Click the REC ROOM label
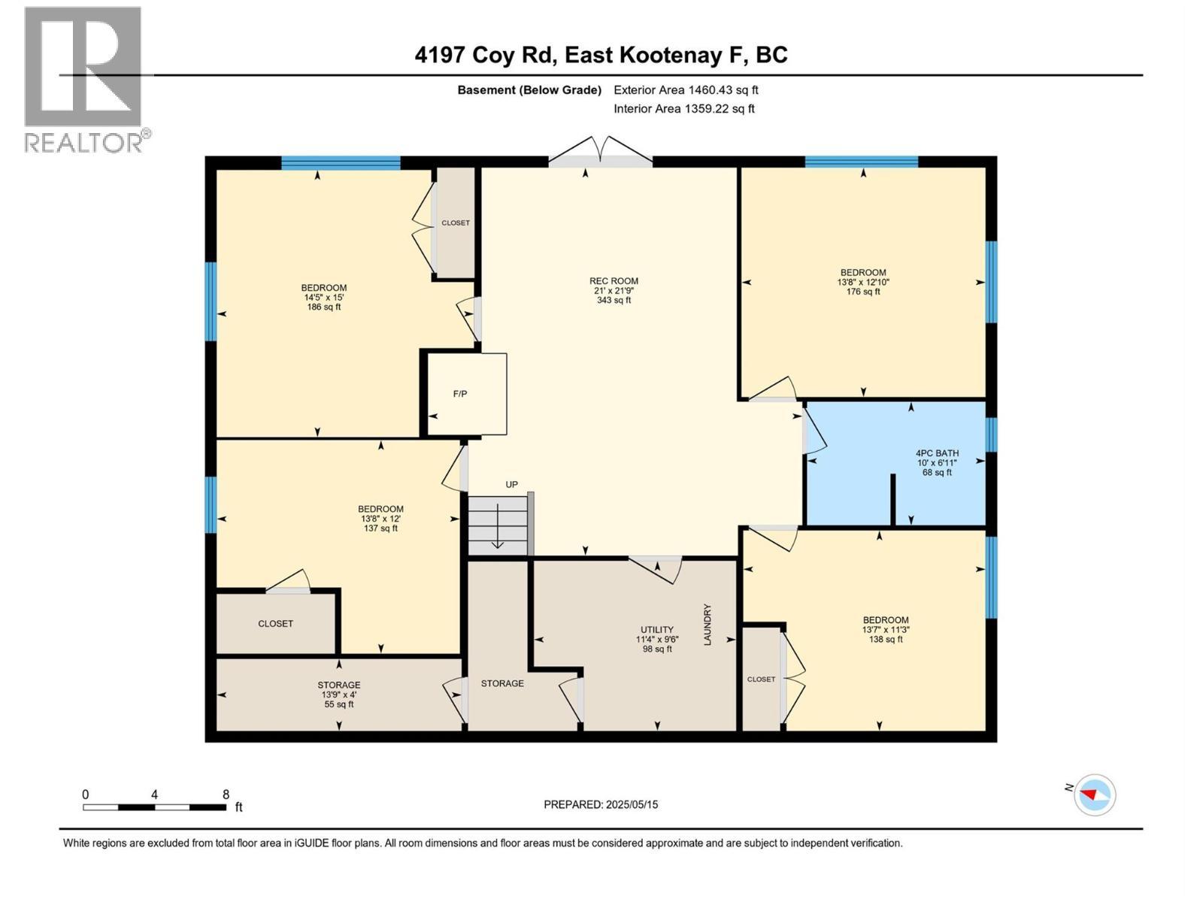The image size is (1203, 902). click(614, 281)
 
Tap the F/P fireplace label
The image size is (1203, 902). click(459, 394)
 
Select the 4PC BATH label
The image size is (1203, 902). click(937, 453)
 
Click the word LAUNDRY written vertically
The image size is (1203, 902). click(707, 625)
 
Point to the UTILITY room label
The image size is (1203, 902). click(657, 630)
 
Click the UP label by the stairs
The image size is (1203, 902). click(511, 485)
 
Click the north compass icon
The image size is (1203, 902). click(1094, 795)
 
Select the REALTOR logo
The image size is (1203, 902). click(84, 79)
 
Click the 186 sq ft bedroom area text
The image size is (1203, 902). click(324, 307)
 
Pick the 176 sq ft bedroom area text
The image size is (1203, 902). click(863, 292)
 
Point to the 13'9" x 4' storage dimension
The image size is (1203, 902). click(338, 695)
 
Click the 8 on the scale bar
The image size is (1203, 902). click(226, 795)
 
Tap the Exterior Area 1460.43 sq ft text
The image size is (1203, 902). click(686, 90)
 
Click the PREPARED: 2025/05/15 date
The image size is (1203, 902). click(601, 804)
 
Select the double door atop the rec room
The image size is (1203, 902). click(600, 150)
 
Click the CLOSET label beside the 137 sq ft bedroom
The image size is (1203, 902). click(275, 624)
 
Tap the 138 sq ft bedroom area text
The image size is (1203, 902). click(886, 640)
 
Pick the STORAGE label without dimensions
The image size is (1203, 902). click(502, 683)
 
